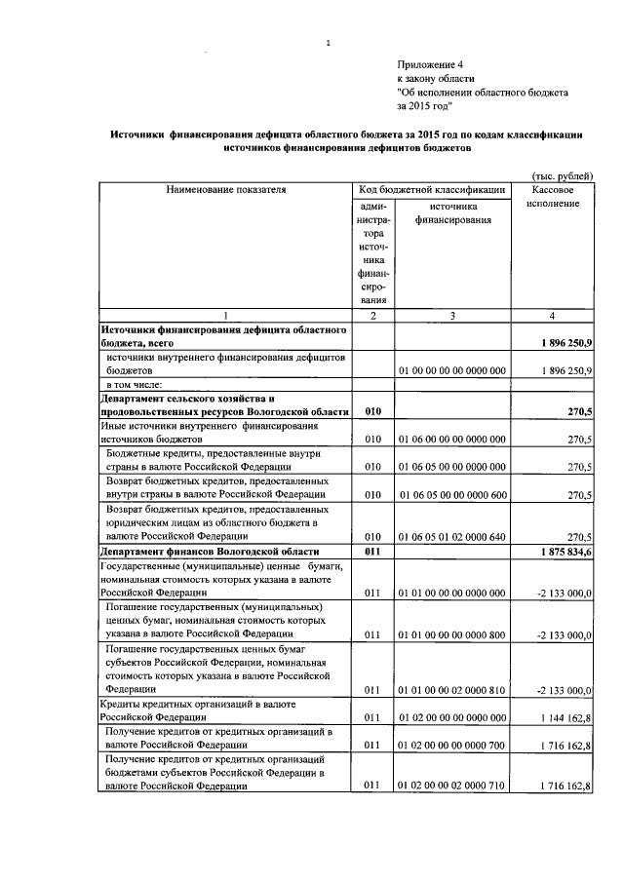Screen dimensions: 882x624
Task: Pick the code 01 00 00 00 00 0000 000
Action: (451, 371)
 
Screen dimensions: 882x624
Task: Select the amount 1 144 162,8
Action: (559, 717)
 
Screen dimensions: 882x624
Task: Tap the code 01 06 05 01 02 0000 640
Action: (451, 536)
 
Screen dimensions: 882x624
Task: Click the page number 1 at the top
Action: (329, 42)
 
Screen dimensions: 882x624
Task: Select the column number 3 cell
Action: (452, 316)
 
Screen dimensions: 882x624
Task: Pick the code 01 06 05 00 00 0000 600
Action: (451, 495)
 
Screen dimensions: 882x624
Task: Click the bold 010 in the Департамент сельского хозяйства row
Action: (372, 412)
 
